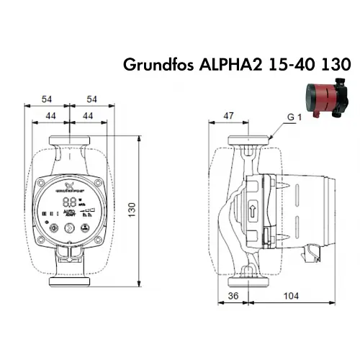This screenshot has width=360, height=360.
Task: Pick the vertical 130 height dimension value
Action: (132, 207)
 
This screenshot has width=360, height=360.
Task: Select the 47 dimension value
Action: (228, 114)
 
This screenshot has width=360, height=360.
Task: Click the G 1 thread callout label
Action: (293, 116)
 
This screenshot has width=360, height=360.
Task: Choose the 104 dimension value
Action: (292, 296)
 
